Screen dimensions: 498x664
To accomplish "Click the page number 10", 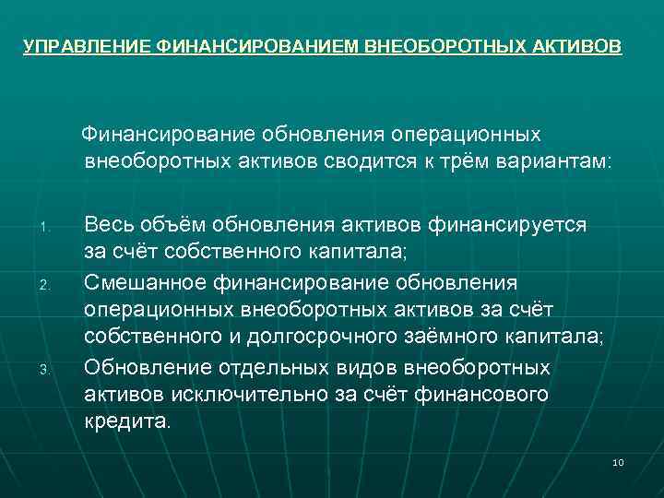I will tap(618, 462).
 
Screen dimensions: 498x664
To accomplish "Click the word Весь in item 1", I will tap(106, 224).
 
